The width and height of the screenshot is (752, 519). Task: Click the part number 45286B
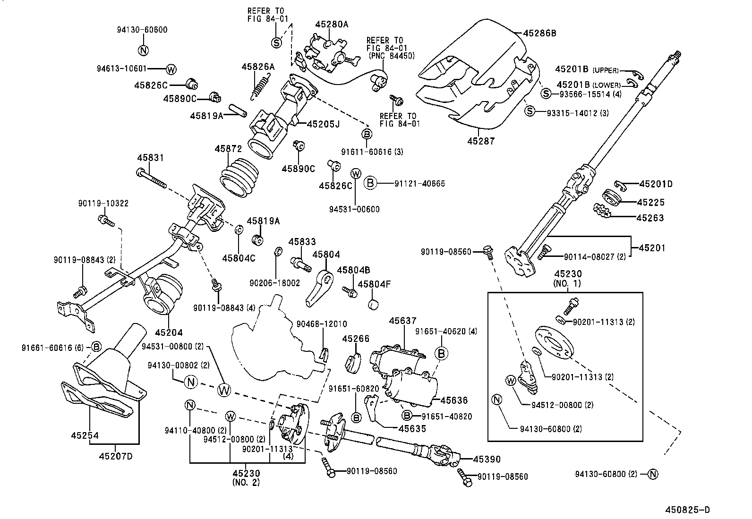tap(540, 33)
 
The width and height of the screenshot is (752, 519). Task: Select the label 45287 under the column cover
tap(481, 141)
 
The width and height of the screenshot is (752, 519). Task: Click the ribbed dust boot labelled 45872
tap(239, 179)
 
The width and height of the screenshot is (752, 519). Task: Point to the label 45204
tap(169, 332)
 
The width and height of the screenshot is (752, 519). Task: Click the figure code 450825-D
tap(687, 510)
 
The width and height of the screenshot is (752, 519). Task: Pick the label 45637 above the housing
tap(402, 321)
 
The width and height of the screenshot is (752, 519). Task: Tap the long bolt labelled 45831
tap(151, 179)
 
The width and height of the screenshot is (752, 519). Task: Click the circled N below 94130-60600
tap(144, 51)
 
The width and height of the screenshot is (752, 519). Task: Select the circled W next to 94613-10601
tap(171, 69)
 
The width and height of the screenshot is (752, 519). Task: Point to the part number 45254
tap(85, 435)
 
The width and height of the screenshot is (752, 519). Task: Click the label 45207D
tap(116, 457)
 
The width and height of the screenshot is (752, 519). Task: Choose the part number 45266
tap(356, 339)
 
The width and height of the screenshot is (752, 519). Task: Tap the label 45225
tap(650, 202)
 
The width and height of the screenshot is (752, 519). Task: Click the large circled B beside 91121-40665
tap(371, 183)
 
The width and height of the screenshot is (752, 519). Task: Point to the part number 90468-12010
tap(322, 324)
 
